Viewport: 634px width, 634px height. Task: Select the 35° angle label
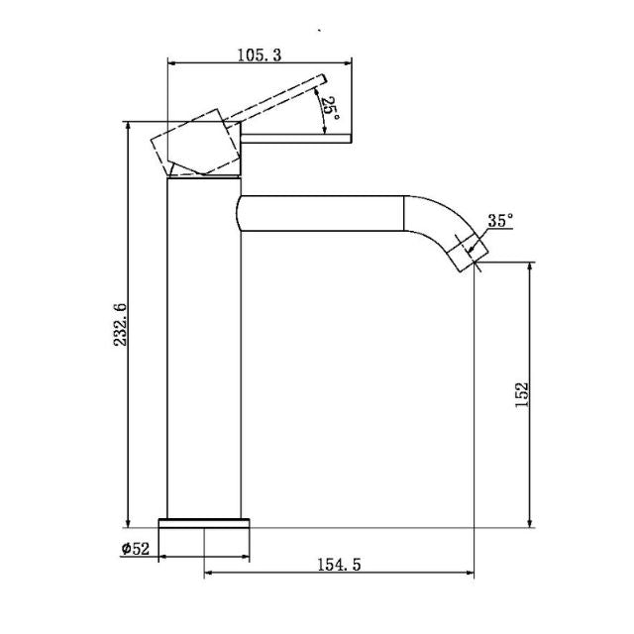click(x=500, y=221)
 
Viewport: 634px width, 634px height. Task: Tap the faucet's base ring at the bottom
click(x=206, y=524)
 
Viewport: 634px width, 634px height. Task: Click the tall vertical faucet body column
click(x=203, y=347)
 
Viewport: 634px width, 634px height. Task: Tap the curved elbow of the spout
click(x=428, y=218)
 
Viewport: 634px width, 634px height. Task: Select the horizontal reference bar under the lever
click(x=297, y=141)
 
